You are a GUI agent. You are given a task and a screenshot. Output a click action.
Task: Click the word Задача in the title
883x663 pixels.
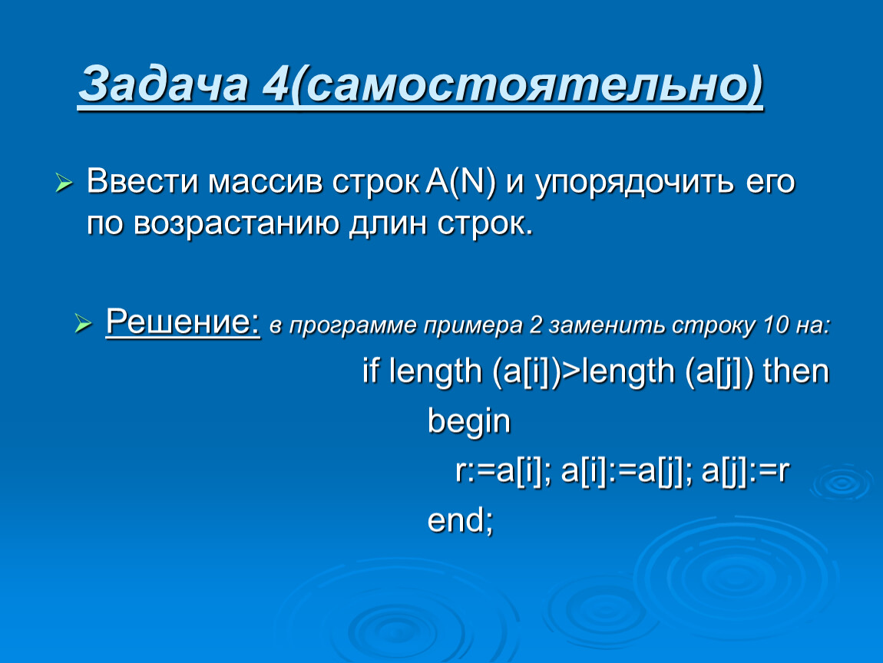pos(163,84)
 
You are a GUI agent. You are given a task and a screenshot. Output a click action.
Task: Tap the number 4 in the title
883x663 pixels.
pos(276,84)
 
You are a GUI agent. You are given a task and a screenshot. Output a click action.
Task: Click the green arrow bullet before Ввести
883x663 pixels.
pos(64,183)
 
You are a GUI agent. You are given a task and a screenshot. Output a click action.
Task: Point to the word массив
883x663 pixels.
pos(265,182)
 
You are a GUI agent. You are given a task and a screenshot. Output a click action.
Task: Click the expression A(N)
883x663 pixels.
pos(461,182)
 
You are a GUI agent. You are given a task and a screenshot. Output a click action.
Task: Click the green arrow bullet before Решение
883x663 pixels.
pos(84,323)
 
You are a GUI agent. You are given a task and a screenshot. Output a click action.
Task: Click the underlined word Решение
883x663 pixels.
pos(183,322)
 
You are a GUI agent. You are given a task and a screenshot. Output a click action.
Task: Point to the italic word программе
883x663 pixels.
pos(352,326)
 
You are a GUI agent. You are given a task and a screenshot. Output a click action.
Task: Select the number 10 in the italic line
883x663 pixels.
pos(776,325)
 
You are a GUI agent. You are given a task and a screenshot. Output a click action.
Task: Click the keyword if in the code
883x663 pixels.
pos(370,371)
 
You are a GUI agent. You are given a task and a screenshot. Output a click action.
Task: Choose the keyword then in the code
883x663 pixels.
pos(795,371)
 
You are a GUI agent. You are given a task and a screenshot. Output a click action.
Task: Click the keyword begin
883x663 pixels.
pos(468,421)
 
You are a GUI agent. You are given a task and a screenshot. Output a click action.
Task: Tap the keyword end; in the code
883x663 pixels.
pos(460,520)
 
